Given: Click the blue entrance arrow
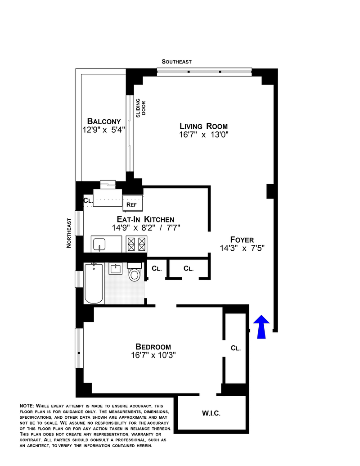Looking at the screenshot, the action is click(x=261, y=326).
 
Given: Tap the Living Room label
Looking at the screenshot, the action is click(x=203, y=126).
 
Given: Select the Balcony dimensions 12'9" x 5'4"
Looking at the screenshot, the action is click(x=103, y=130).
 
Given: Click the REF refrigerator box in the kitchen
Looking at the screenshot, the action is click(x=132, y=203).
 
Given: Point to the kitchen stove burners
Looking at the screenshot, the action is click(x=136, y=244).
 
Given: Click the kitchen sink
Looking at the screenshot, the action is click(x=99, y=244).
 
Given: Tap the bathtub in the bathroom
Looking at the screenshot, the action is click(x=94, y=284).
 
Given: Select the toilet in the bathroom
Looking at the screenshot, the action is click(x=134, y=272).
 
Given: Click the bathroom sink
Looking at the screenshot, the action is click(x=115, y=269).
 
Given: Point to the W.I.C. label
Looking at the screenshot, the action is click(x=211, y=413).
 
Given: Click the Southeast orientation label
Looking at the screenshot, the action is click(x=176, y=62).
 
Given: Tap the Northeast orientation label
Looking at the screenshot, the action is click(x=69, y=233).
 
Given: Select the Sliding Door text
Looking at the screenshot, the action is click(x=141, y=108).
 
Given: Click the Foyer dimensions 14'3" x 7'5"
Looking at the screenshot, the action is click(x=242, y=248).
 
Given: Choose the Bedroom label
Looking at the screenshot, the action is click(x=153, y=347).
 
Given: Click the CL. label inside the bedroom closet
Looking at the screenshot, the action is click(x=236, y=348).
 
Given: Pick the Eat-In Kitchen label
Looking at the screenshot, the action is click(x=145, y=219).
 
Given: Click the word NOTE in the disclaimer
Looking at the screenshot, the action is click(x=27, y=406).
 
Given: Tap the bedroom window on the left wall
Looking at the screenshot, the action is click(x=79, y=348).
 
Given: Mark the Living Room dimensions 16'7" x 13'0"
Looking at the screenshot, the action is click(x=203, y=135).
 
